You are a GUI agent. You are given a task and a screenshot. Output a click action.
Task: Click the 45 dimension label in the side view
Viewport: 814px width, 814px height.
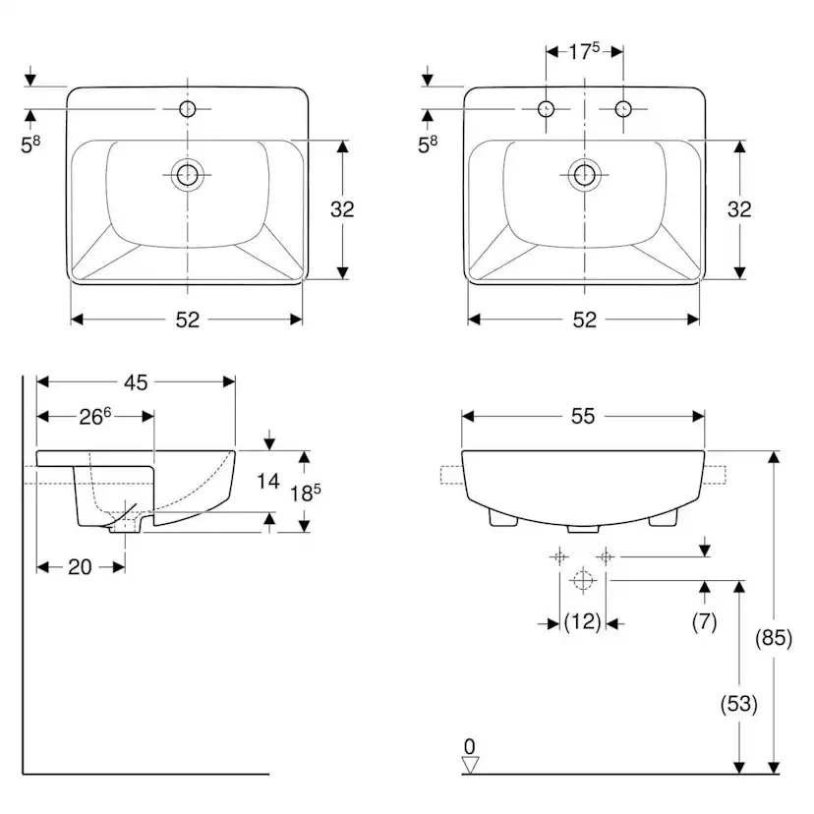pos(136,382)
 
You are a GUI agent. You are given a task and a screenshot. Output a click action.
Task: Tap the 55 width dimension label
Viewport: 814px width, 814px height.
pos(583,416)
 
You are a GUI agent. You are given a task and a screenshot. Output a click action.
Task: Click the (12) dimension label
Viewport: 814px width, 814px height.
pos(582,621)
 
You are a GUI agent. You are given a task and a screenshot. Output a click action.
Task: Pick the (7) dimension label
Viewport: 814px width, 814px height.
pos(705,621)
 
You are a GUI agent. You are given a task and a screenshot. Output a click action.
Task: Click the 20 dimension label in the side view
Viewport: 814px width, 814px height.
pos(80,566)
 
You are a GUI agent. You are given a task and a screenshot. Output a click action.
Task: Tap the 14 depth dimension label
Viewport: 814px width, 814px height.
pos(268,481)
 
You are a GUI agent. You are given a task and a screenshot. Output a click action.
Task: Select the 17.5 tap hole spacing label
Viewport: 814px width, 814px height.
pos(584,51)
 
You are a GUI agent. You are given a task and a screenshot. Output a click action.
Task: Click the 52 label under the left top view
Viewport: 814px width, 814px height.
pos(187,319)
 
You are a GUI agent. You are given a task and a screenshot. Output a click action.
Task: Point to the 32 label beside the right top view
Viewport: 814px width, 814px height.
pos(738,208)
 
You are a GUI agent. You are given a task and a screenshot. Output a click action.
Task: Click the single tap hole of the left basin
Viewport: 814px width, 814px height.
pos(187,107)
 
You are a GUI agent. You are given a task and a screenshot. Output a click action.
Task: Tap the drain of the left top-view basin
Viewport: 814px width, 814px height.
pos(187,176)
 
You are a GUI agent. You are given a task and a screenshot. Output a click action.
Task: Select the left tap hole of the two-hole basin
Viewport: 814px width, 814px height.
pos(547,107)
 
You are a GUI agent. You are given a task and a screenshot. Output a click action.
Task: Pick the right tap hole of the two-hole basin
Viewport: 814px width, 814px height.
pos(622,107)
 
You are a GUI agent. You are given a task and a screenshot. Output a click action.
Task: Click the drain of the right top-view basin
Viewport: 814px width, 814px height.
pos(585,176)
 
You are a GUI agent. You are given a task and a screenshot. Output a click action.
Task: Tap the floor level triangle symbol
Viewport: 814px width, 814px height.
pos(470,763)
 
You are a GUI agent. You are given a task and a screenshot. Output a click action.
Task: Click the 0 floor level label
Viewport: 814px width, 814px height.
pos(470,744)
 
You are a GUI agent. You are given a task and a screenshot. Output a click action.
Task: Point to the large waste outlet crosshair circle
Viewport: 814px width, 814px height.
pos(583,581)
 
